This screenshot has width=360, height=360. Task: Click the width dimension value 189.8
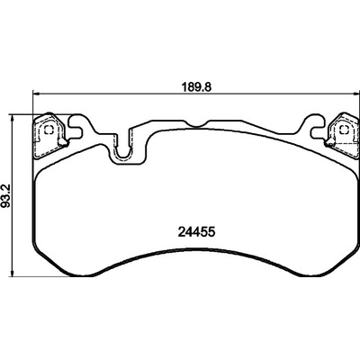(x=197, y=87)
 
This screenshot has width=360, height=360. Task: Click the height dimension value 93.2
(x=6, y=196)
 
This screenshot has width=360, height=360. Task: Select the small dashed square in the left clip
(x=48, y=130)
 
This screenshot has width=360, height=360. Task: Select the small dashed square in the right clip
(x=343, y=130)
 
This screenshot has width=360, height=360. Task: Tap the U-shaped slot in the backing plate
(x=122, y=146)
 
